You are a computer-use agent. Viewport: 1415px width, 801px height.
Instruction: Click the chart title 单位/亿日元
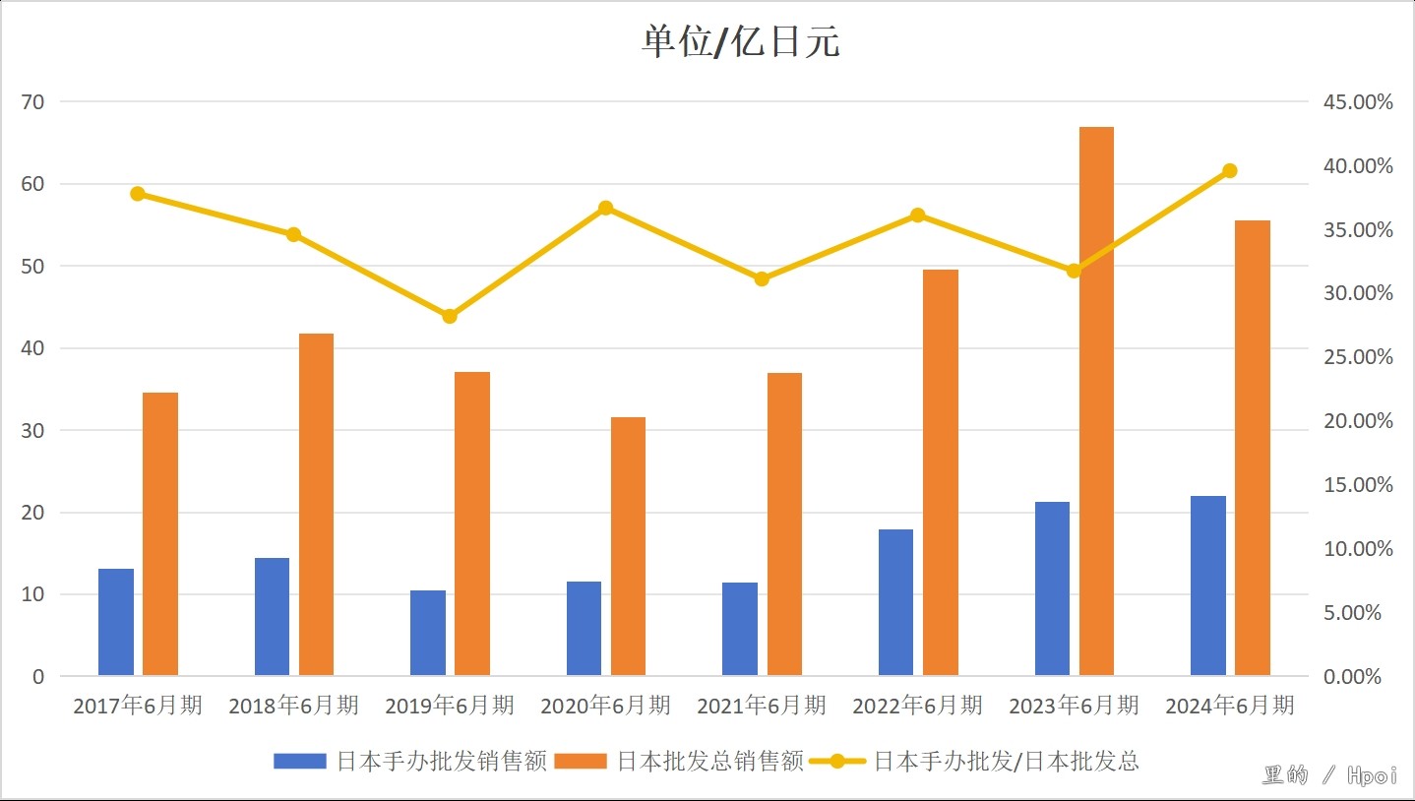[740, 43]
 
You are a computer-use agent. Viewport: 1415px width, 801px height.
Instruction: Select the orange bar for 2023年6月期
[1096, 401]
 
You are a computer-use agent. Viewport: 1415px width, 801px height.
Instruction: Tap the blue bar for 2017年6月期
[116, 622]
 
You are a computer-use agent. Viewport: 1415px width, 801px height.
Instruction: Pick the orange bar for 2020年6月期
[628, 546]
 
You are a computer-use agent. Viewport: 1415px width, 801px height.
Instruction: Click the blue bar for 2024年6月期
[1207, 585]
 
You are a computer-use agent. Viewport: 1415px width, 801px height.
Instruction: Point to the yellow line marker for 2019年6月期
[450, 316]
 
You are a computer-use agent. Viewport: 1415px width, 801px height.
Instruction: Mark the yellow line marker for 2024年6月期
[1229, 171]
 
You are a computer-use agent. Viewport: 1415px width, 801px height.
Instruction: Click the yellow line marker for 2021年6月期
[762, 278]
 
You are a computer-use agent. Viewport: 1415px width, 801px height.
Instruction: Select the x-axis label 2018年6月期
[293, 706]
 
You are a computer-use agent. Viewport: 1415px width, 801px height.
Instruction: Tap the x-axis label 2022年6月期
[917, 706]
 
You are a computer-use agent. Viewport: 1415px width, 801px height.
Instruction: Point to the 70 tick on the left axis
[39, 101]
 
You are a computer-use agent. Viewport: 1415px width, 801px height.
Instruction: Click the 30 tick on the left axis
[39, 430]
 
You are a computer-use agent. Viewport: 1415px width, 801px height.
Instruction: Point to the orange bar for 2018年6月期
[316, 505]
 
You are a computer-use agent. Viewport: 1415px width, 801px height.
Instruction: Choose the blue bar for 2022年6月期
[895, 602]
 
